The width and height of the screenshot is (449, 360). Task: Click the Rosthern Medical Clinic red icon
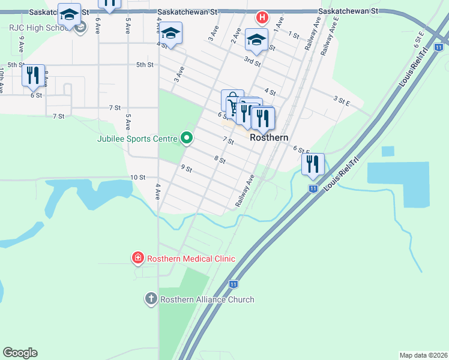click(x=138, y=259)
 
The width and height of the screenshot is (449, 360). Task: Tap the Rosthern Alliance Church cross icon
click(x=151, y=299)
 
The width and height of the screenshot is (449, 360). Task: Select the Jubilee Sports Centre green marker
click(x=187, y=139)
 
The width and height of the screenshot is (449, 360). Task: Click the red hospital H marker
click(x=262, y=17)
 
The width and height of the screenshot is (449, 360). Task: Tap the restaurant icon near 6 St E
click(x=313, y=164)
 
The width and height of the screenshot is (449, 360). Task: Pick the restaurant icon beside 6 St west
click(x=33, y=75)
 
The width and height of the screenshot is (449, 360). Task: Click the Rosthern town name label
click(x=269, y=137)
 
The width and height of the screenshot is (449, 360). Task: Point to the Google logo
click(x=20, y=353)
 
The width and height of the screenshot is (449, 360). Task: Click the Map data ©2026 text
click(x=423, y=355)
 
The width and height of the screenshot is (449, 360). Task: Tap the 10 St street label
click(x=138, y=178)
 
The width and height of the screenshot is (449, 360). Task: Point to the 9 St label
click(x=185, y=169)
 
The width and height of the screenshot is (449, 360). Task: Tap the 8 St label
click(x=219, y=160)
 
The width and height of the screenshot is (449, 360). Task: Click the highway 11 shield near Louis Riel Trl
click(x=313, y=188)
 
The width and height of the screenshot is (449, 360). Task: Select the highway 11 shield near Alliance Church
click(x=234, y=283)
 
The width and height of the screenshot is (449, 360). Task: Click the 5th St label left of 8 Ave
click(x=16, y=64)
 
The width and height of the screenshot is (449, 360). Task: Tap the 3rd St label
click(x=252, y=61)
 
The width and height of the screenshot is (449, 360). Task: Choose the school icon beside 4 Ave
click(x=171, y=34)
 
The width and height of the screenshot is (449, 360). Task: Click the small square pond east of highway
click(x=388, y=151)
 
